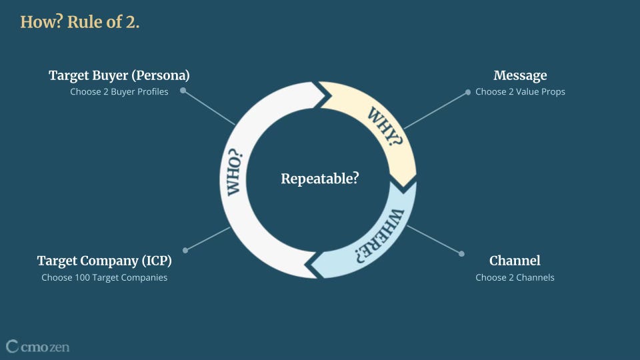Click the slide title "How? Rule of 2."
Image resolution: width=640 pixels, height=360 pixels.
[x=79, y=21]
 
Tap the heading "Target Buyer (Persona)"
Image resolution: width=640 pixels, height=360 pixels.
[x=119, y=76]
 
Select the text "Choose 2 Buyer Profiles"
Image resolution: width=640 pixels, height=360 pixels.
[x=119, y=91]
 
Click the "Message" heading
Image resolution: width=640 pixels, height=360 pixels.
[x=520, y=76]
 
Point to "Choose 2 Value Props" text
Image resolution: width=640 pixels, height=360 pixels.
[x=520, y=91]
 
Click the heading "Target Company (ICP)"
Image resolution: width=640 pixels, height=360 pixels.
[x=104, y=261]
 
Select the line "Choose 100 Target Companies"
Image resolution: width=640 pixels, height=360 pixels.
[x=104, y=277]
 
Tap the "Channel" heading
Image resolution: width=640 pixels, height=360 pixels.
[x=515, y=261]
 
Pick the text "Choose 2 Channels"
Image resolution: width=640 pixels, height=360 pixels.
[x=515, y=277]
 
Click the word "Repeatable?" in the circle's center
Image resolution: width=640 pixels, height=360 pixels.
[x=319, y=179]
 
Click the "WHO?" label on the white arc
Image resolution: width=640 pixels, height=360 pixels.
[x=235, y=173]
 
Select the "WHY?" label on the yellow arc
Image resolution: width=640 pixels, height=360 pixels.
[x=385, y=126]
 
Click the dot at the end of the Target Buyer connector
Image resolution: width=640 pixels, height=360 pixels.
[x=183, y=91]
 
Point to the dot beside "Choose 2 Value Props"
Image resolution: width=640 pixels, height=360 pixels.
[x=468, y=92]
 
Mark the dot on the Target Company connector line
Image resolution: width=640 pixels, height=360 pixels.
[x=185, y=250]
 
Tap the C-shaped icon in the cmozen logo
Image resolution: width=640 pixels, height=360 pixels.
[x=12, y=346]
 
